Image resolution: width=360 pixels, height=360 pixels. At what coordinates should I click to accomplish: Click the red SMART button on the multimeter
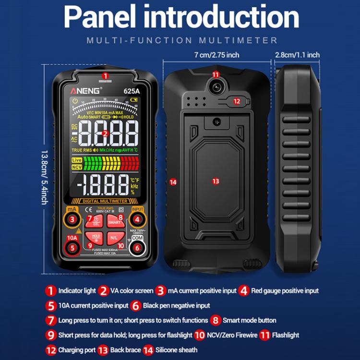[114, 221]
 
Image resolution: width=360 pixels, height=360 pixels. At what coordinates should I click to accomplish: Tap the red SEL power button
[95, 222]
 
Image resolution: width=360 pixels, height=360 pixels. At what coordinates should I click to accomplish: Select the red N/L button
[114, 237]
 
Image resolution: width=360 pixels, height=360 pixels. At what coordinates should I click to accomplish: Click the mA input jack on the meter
[72, 219]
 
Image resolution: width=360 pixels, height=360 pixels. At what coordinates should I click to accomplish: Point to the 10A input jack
[72, 248]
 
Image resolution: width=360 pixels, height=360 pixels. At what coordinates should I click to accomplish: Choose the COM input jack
[137, 248]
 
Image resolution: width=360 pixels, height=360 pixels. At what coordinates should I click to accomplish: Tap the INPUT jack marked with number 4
[137, 220]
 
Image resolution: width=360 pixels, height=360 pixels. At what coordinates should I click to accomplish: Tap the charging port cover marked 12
[239, 101]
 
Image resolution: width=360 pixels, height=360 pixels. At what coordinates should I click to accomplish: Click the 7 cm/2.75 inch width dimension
[216, 55]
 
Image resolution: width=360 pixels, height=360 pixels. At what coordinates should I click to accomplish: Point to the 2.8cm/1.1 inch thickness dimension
[297, 55]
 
